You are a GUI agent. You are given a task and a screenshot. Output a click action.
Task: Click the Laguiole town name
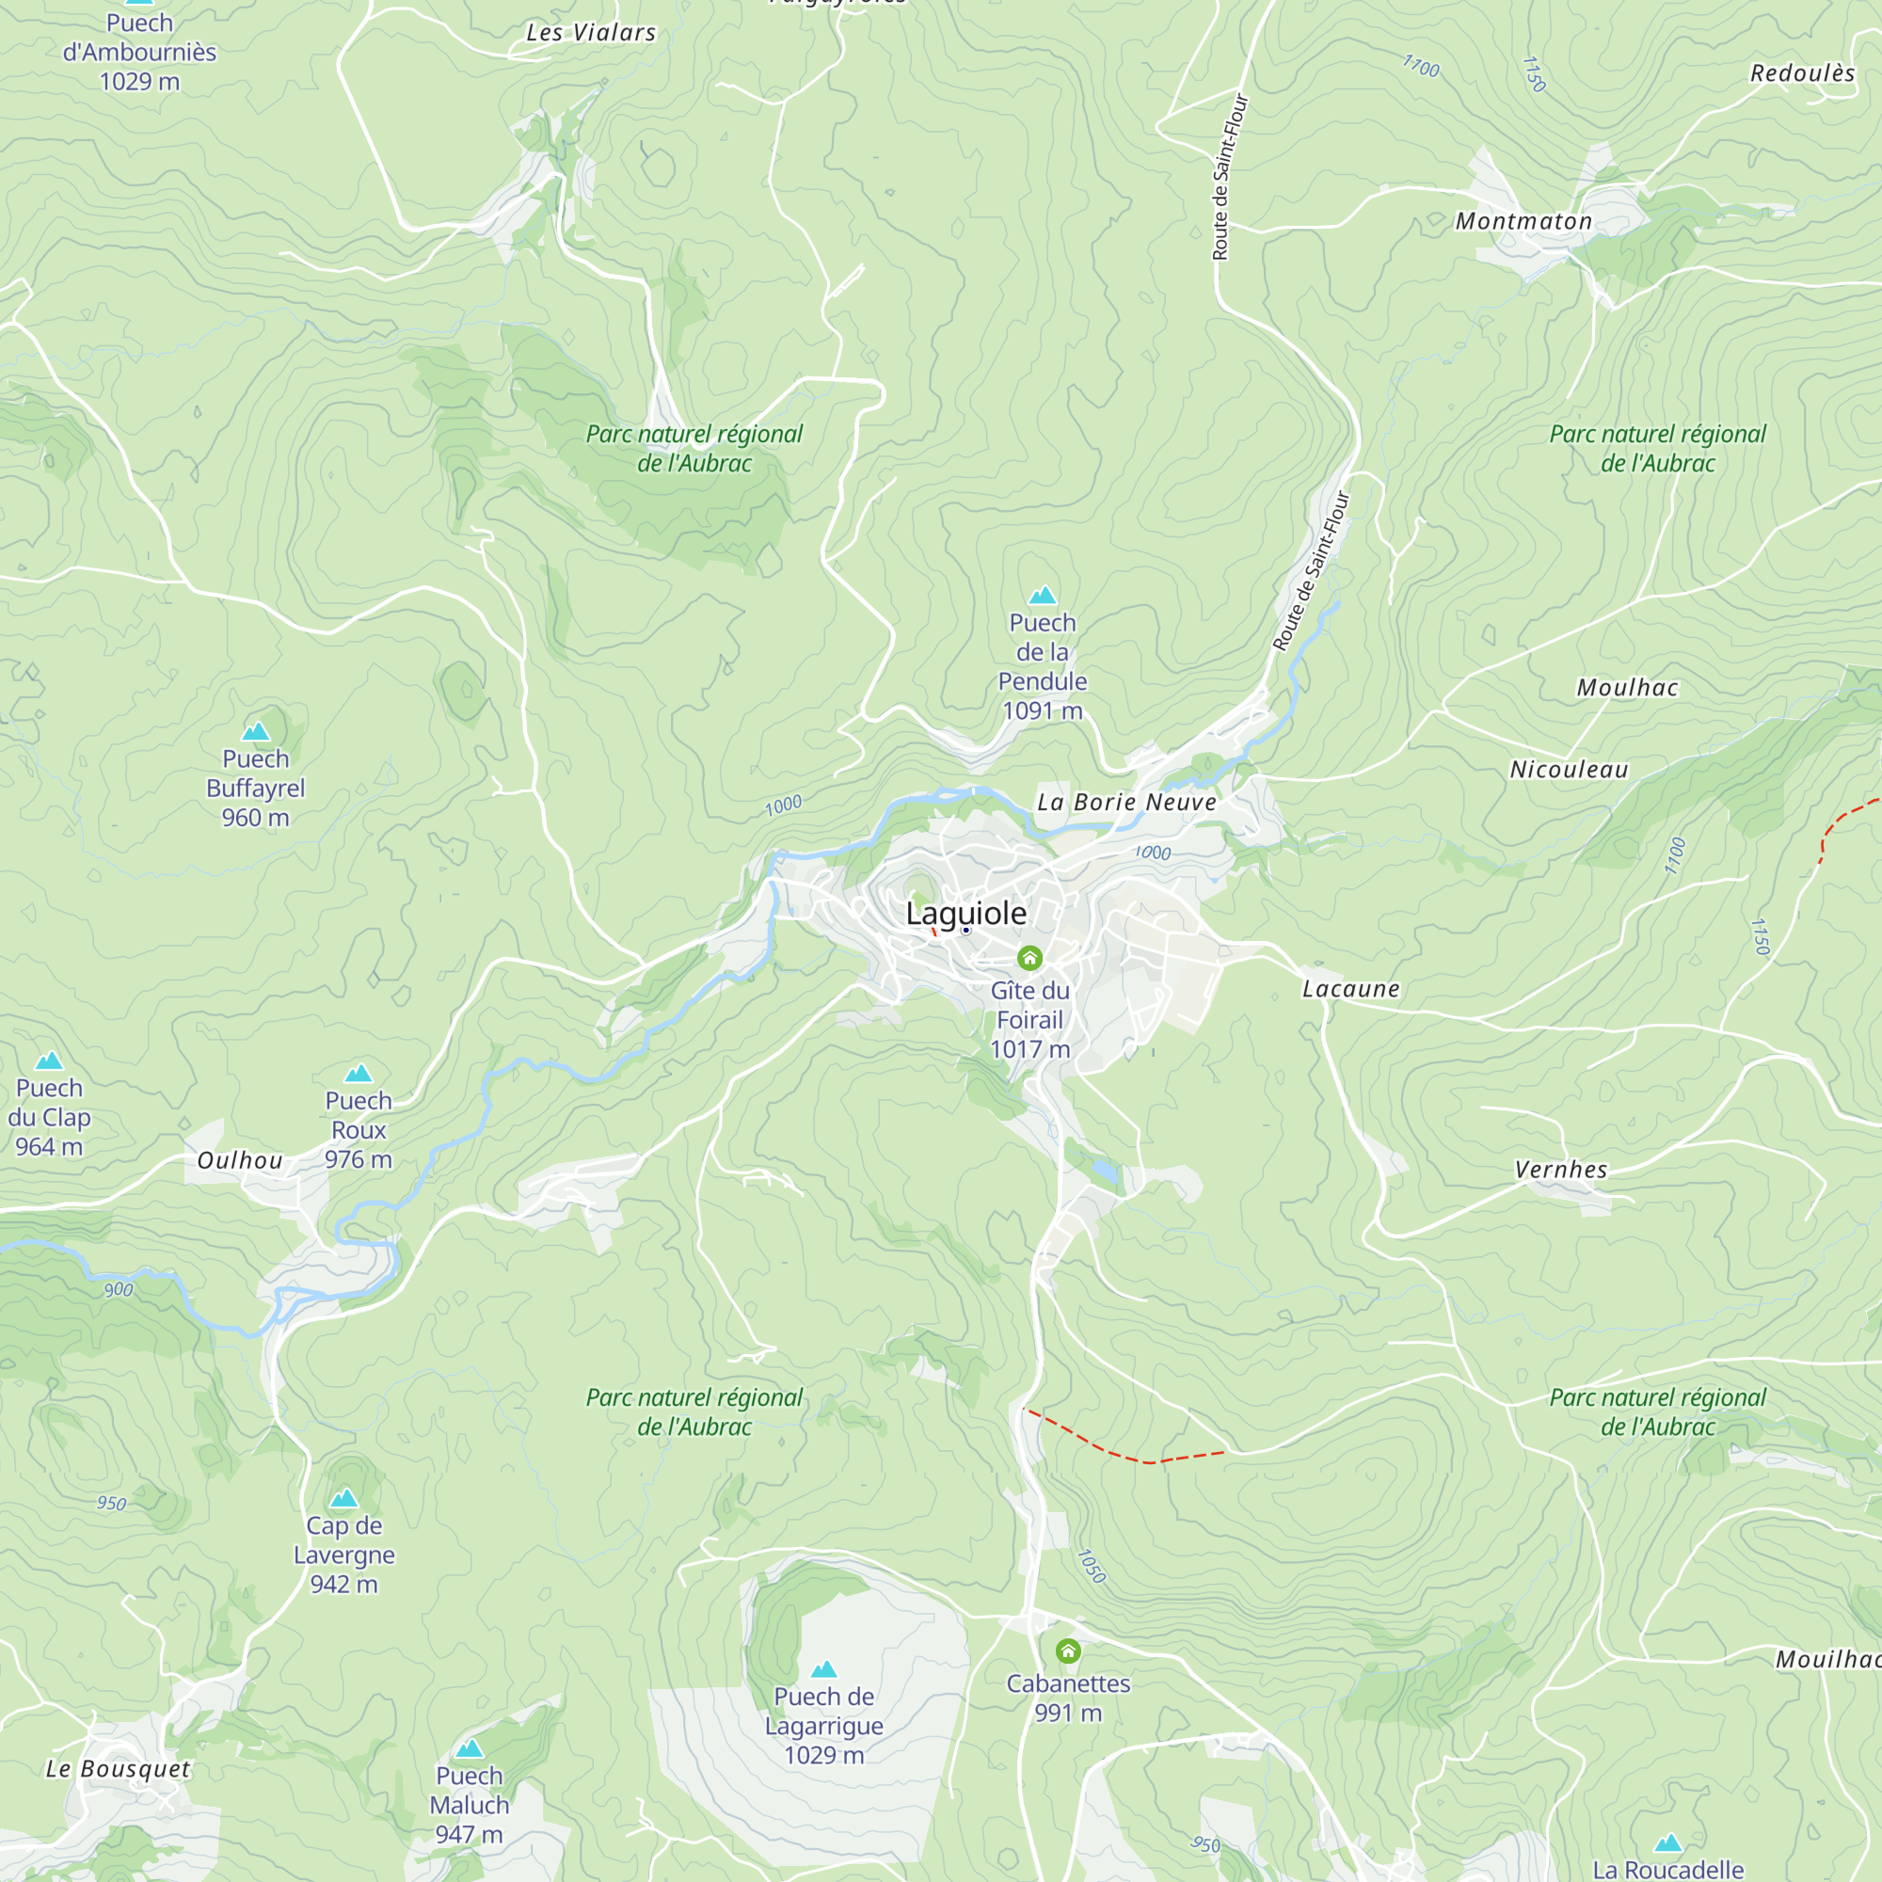[965, 914]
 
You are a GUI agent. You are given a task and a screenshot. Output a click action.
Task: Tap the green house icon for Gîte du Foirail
[1029, 959]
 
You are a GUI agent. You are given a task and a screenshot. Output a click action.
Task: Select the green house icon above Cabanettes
[1068, 1651]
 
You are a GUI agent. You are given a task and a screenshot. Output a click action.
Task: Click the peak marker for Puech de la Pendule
[1043, 596]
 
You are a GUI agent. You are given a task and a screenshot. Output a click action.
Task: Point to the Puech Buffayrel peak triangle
[255, 731]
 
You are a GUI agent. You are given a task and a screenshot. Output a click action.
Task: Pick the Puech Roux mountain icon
[359, 1074]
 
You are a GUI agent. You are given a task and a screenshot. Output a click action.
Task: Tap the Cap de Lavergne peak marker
[343, 1498]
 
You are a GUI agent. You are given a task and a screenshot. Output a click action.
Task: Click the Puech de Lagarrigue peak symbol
[824, 1669]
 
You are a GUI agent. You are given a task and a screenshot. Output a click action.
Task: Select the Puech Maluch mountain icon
[470, 1748]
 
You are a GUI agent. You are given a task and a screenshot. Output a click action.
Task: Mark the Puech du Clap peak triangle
[49, 1061]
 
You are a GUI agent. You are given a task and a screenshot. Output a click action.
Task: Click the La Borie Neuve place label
[1126, 803]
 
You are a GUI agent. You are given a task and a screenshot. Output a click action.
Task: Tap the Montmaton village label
[1523, 222]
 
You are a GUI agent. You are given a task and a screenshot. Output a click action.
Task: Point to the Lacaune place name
[1351, 990]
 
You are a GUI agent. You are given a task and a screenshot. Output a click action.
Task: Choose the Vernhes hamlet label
[1560, 1171]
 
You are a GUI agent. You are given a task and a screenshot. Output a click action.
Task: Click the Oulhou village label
[240, 1161]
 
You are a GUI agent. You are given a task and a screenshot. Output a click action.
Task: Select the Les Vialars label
[591, 33]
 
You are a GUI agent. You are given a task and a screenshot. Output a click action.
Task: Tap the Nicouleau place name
[1569, 771]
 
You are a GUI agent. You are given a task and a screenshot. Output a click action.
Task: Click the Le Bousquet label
[118, 1770]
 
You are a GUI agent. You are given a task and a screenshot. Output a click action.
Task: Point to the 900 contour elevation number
[119, 1290]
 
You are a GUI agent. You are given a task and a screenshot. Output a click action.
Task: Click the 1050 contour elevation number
[1092, 1567]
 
